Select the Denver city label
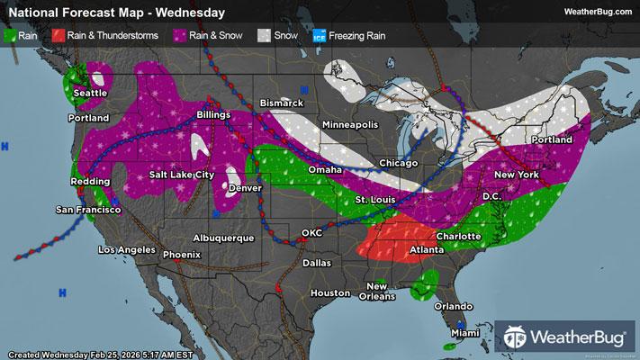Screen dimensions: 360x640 pyautogui.click(x=245, y=188)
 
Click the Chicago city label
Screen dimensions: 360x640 pyautogui.click(x=399, y=163)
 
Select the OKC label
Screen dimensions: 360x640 pyautogui.click(x=311, y=233)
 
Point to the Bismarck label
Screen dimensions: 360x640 pyautogui.click(x=281, y=104)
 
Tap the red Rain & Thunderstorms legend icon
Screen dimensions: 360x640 pyautogui.click(x=57, y=35)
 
